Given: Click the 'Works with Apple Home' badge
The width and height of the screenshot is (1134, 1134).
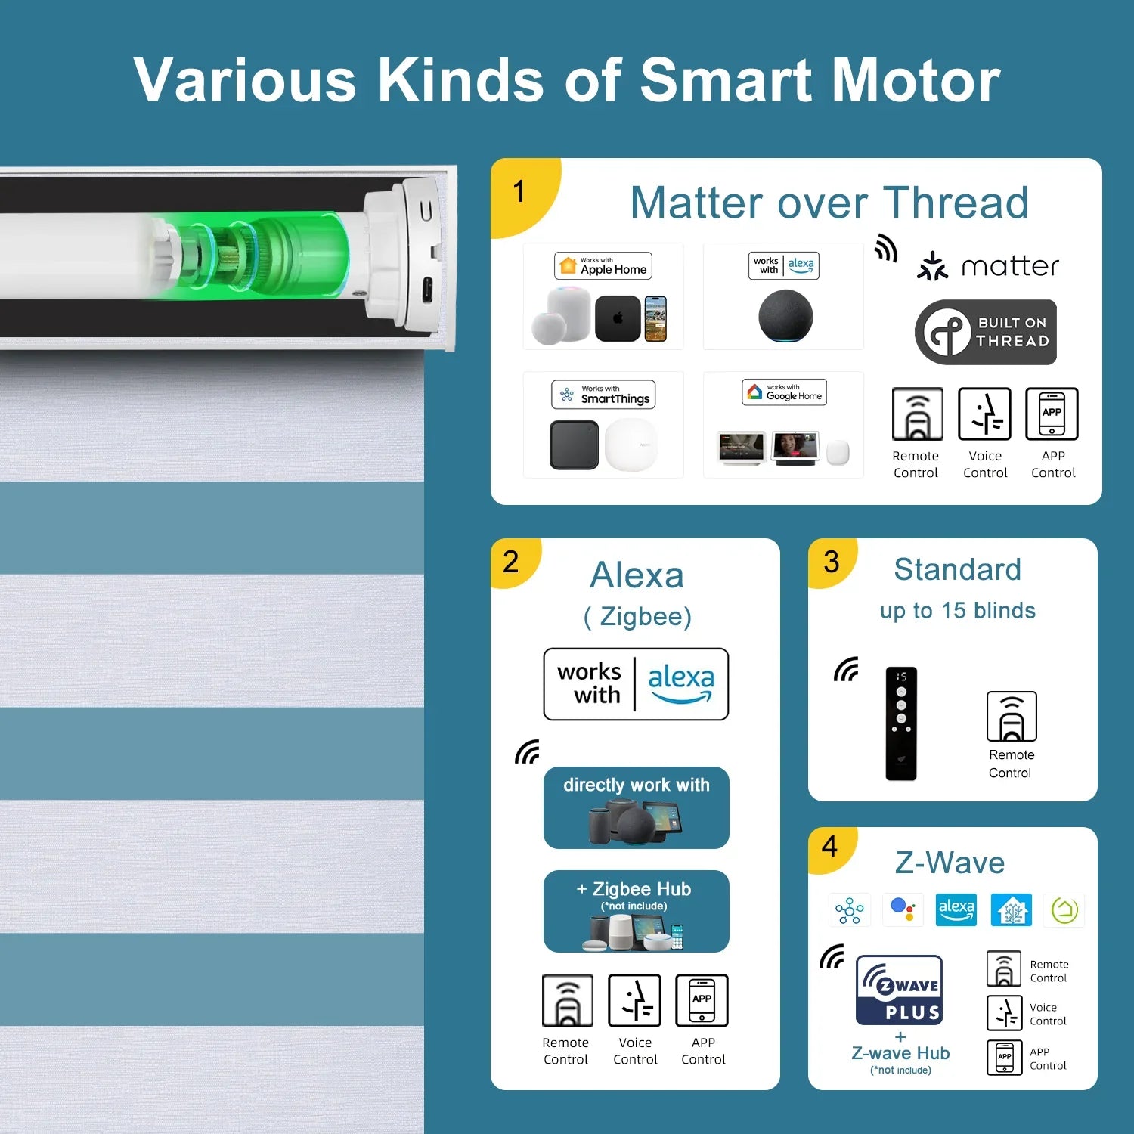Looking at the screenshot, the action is (x=603, y=266).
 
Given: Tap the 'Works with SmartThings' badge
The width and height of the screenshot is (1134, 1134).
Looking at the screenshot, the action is (x=603, y=395).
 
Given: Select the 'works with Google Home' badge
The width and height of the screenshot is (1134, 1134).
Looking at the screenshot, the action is (x=784, y=392).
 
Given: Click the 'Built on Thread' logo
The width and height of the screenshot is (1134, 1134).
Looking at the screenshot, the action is (x=986, y=333).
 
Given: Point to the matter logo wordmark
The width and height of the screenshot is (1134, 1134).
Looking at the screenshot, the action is (x=988, y=266).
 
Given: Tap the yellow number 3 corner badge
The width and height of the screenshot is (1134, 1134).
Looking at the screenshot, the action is (x=832, y=562).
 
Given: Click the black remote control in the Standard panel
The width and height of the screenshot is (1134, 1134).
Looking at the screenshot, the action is (x=901, y=723).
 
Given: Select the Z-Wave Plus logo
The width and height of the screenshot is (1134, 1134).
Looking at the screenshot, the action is (x=899, y=990).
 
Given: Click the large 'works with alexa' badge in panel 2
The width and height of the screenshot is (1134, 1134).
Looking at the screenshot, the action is (x=636, y=684).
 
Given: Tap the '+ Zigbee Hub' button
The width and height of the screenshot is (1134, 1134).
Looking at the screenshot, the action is (x=636, y=911).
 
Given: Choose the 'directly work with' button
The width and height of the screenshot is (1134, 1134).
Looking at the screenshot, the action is (x=636, y=807).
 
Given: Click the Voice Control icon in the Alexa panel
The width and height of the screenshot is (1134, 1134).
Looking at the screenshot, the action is (x=635, y=1000).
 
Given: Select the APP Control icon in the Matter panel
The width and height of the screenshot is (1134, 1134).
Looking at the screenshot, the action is (x=1052, y=414).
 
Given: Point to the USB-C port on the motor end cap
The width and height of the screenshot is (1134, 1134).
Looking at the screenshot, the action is (x=426, y=290).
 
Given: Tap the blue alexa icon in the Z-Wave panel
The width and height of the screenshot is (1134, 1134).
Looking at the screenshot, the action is (x=956, y=909).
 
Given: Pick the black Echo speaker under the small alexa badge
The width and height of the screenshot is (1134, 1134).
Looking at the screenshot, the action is (x=785, y=316).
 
